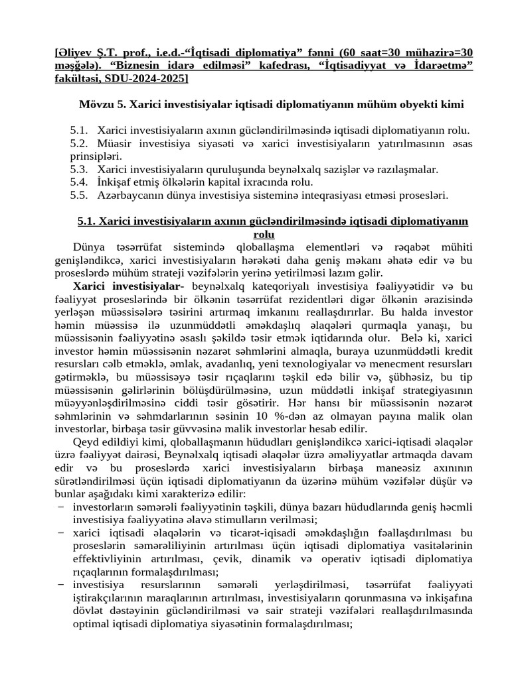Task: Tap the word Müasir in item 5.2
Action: (x=113, y=143)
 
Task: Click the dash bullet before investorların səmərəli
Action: (x=60, y=507)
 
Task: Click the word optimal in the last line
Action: (x=90, y=624)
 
